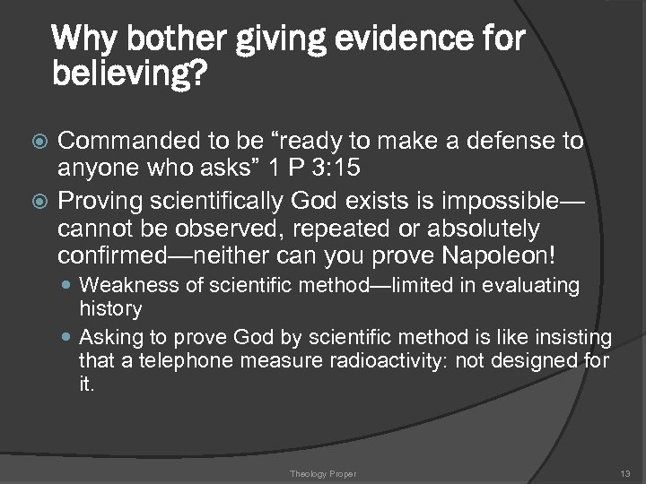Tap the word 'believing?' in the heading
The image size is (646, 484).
tap(130, 75)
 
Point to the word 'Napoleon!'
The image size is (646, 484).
tap(499, 255)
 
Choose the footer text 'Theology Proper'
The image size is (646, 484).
tap(322, 472)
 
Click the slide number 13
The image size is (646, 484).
tap(624, 472)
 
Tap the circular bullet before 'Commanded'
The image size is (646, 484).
tap(37, 142)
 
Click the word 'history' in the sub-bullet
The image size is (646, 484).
tap(110, 308)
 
